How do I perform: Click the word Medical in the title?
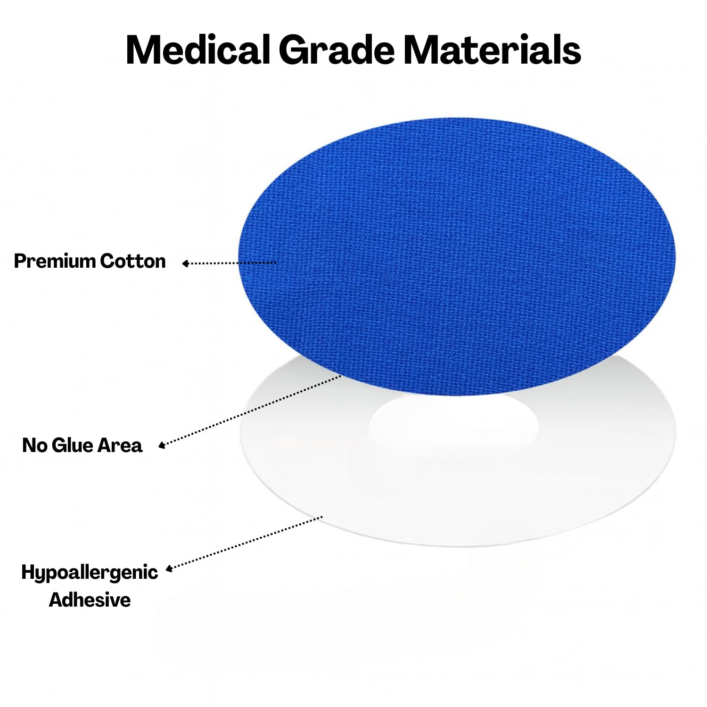(198, 49)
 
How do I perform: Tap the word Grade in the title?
(337, 49)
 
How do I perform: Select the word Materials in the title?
(492, 49)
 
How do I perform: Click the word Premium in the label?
(55, 261)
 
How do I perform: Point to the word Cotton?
(132, 261)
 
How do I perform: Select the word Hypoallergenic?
(90, 573)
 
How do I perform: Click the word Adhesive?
(90, 600)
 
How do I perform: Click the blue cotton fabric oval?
(457, 257)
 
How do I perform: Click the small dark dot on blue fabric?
(388, 279)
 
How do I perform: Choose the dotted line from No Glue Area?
(250, 411)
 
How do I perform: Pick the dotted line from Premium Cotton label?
(229, 263)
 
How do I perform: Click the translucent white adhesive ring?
(306, 471)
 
